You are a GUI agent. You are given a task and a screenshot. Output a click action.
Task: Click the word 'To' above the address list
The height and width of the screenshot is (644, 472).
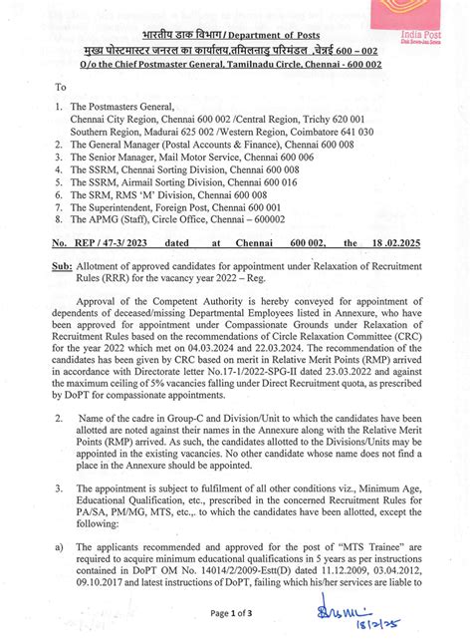[62, 88]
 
